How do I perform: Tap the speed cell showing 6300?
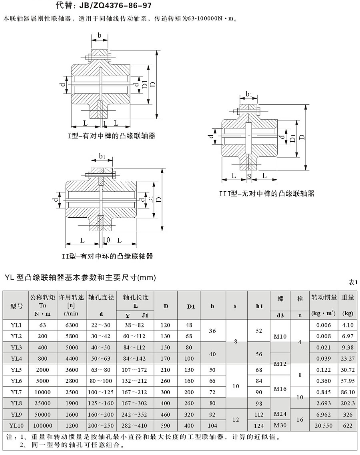(72, 325)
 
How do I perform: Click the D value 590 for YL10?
(165, 426)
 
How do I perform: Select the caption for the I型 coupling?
(111, 136)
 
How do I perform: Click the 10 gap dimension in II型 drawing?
(106, 240)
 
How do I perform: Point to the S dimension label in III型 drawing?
(249, 176)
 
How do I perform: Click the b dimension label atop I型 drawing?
(99, 35)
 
